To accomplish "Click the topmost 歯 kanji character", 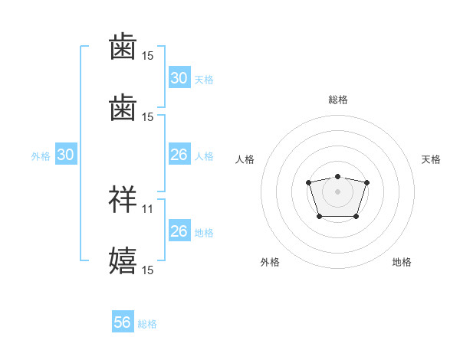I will click(x=123, y=47).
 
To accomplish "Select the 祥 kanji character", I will click(x=123, y=199).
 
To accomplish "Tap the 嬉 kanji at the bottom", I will click(x=123, y=260).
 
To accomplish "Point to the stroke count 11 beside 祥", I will click(x=148, y=208).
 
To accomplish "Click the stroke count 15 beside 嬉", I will click(x=148, y=270).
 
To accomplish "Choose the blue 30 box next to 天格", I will click(x=179, y=78).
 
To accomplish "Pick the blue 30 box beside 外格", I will click(x=65, y=155).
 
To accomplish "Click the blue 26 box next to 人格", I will click(x=179, y=155).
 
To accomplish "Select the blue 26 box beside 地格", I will click(x=179, y=231).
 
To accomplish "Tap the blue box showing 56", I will click(x=122, y=323).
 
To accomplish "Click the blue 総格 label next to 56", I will click(x=147, y=324).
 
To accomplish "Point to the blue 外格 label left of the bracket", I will click(x=41, y=155).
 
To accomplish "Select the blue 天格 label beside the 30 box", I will click(x=204, y=79).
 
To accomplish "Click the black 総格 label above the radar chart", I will click(x=337, y=100).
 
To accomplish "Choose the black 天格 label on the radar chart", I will click(x=431, y=159).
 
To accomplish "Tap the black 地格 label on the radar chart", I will click(x=402, y=262).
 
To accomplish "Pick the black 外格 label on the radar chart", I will click(x=270, y=262).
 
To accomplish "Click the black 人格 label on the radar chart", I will click(x=245, y=159).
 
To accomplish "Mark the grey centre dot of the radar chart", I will click(x=337, y=191).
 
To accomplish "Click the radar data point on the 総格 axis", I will click(x=337, y=176).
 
